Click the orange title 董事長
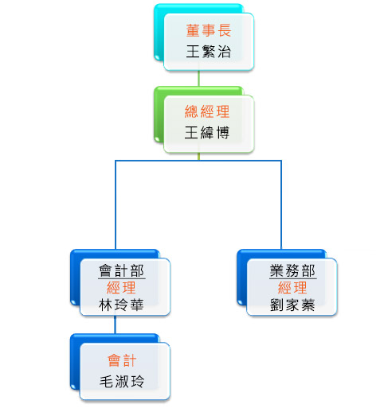click(209, 30)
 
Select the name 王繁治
click(209, 51)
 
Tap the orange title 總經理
click(207, 111)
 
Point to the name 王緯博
click(207, 132)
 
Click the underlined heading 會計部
click(122, 270)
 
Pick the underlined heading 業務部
click(292, 270)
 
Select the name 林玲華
click(121, 305)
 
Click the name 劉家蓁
click(292, 305)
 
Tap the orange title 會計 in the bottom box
click(122, 360)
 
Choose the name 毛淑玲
click(122, 382)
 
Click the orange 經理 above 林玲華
click(121, 288)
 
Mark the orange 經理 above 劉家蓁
click(292, 288)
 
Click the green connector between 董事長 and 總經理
click(198, 78)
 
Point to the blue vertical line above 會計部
click(116, 204)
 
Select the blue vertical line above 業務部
click(281, 204)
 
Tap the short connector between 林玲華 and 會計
click(116, 324)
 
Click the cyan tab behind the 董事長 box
click(159, 32)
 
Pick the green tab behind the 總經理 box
click(159, 114)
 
